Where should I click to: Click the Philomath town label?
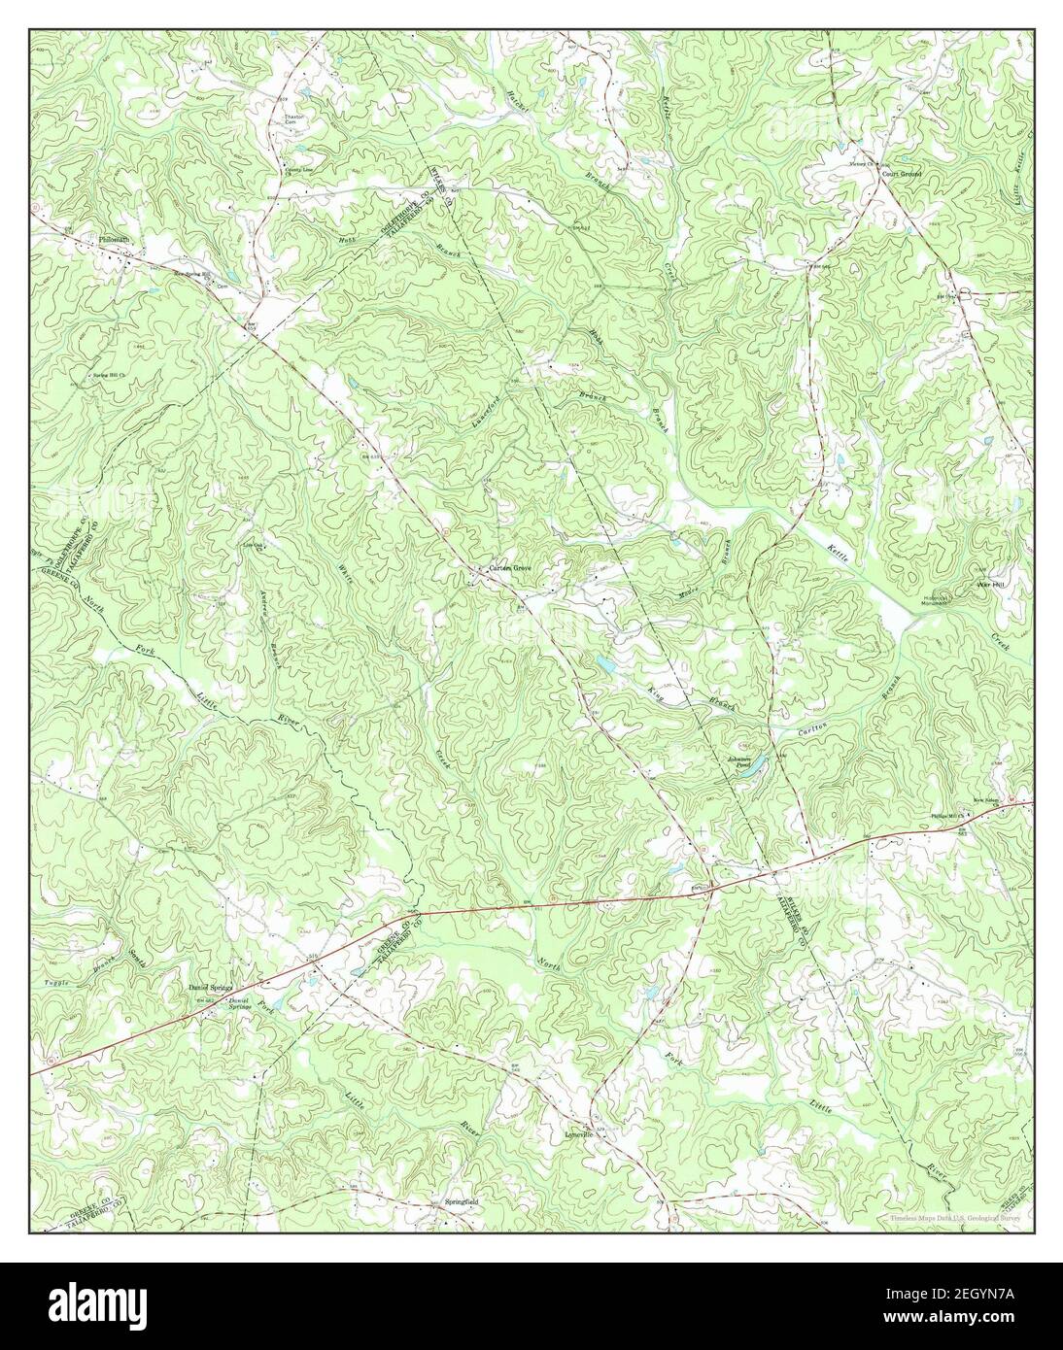(x=113, y=239)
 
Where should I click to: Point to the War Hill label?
(x=989, y=586)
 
